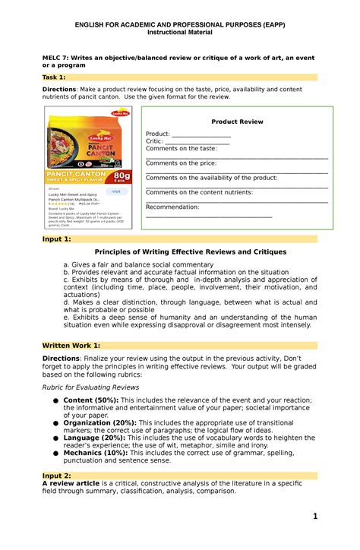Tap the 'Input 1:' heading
[x=56, y=239]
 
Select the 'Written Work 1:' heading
[x=71, y=345]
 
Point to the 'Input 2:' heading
[x=56, y=474]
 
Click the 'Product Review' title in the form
[x=237, y=122]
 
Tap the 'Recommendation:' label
[x=172, y=207]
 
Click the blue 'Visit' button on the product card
[x=116, y=191]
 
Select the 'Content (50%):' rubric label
[x=90, y=400]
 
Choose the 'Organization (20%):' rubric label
[x=101, y=423]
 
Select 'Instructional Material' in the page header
[x=179, y=33]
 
